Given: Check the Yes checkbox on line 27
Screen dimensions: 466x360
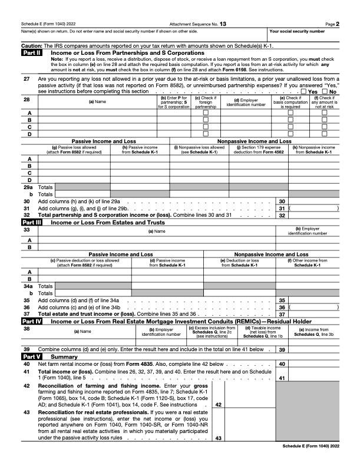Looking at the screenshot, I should point(303,92).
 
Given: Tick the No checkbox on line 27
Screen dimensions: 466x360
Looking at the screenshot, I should point(325,92).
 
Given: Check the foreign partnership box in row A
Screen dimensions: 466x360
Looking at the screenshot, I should point(206,112).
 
